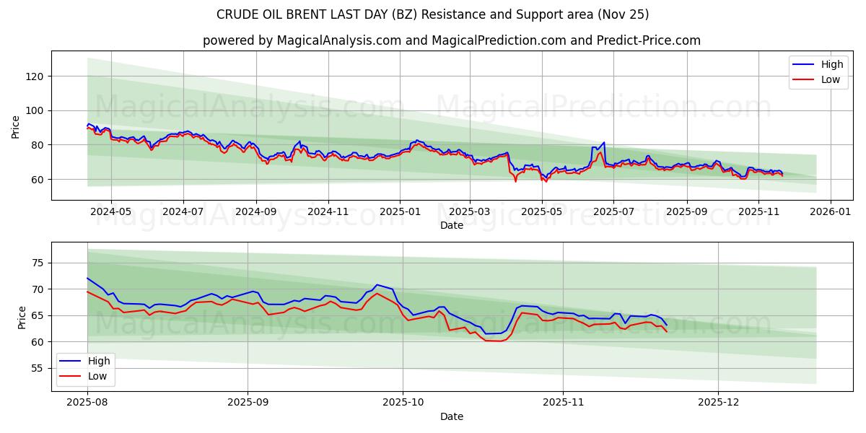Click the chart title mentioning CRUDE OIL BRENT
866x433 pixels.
click(432, 14)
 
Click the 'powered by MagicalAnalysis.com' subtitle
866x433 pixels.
click(451, 40)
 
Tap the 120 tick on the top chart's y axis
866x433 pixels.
click(35, 76)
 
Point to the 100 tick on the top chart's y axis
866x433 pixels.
click(35, 110)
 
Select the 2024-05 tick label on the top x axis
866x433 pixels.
click(111, 212)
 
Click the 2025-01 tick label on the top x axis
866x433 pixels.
click(399, 212)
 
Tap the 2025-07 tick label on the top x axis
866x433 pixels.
click(613, 212)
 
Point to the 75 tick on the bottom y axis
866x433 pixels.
click(38, 263)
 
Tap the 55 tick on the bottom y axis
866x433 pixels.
click(38, 368)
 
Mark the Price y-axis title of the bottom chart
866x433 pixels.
click(22, 317)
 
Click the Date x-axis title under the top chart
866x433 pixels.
click(452, 225)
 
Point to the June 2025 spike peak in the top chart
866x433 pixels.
click(603, 143)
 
